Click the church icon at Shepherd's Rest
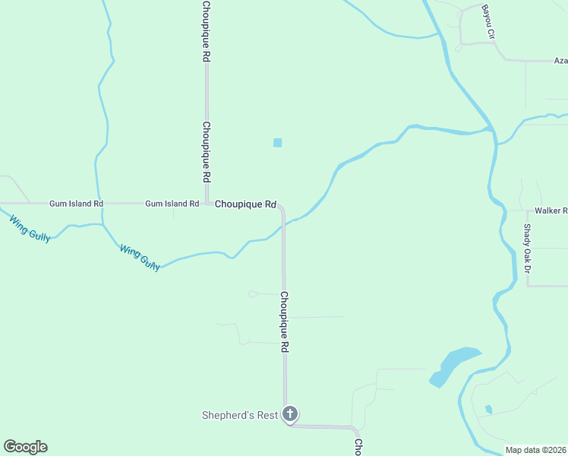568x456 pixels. coord(289,414)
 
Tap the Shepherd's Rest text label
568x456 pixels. coord(239,415)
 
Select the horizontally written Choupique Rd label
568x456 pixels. coord(245,204)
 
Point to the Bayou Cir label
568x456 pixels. coord(488,21)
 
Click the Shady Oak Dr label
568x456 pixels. coord(528,249)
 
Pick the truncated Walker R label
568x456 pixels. coord(551,211)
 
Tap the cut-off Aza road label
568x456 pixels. coord(560,60)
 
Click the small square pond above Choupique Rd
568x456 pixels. coord(277,143)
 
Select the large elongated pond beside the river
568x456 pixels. coord(454,365)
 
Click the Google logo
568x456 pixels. coord(25,447)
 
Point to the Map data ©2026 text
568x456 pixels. coord(535,450)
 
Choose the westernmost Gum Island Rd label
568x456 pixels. coord(76,204)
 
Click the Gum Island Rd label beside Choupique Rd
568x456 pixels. coord(172,204)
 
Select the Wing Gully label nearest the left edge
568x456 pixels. coord(30,229)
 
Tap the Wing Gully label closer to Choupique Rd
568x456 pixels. coord(140,257)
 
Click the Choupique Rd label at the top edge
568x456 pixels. coord(206,30)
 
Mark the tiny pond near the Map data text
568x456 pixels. coord(488,409)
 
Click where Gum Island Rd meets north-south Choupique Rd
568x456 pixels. coord(206,204)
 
